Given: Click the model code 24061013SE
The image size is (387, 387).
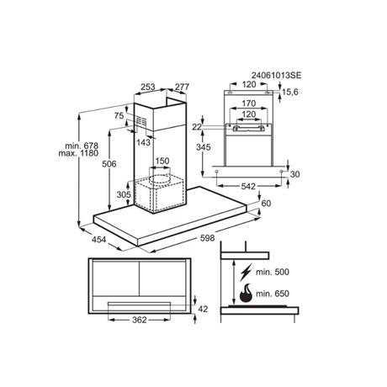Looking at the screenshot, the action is (x=276, y=76).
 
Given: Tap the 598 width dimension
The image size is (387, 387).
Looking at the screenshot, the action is (x=208, y=238).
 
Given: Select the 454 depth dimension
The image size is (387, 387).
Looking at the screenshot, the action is (x=99, y=240).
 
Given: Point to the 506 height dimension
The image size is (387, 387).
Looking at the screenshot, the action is (x=109, y=164).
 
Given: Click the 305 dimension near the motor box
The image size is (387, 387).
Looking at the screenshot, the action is (x=124, y=194).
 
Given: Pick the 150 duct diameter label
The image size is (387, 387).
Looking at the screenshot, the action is (x=162, y=161).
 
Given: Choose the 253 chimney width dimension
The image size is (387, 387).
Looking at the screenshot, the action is (x=148, y=87).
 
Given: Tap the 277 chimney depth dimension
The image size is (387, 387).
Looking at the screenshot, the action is (x=183, y=87).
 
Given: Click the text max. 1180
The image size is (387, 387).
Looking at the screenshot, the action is (x=78, y=153).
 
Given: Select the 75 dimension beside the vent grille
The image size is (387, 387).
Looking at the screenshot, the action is (x=119, y=115).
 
